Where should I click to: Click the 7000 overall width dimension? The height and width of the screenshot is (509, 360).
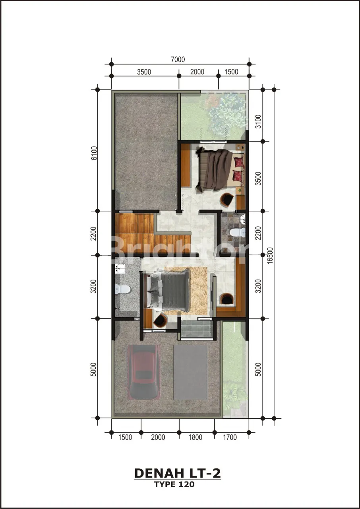(x=178, y=60)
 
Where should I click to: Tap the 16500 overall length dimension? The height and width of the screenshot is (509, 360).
(x=270, y=255)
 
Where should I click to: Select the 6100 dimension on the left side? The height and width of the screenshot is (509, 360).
(x=94, y=153)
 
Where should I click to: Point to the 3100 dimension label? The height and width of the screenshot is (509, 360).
(x=258, y=121)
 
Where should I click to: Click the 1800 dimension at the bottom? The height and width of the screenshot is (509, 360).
(x=195, y=437)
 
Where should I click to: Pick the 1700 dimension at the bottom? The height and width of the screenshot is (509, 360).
(x=230, y=437)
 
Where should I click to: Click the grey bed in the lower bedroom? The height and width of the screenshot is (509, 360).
(x=168, y=290)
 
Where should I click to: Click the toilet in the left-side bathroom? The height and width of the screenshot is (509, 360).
(x=122, y=289)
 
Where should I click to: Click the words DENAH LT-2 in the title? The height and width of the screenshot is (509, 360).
(x=178, y=473)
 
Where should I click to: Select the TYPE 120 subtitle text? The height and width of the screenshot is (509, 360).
(x=174, y=484)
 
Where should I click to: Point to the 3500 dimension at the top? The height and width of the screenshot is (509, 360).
(x=144, y=72)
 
